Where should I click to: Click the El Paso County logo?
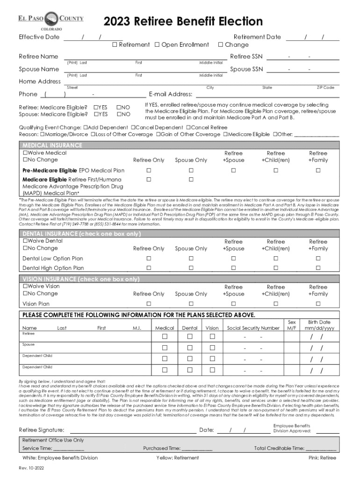[51, 22]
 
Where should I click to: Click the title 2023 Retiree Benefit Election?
[183, 22]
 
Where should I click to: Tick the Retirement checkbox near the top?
[115, 45]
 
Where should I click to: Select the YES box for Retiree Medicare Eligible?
[96, 108]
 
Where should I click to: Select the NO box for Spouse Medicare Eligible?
[119, 114]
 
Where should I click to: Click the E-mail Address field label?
[171, 94]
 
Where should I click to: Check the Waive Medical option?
[25, 153]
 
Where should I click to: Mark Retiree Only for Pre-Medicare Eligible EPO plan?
[149, 170]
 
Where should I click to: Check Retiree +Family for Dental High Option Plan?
[318, 268]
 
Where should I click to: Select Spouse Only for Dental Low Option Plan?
[191, 258]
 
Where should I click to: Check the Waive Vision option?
[25, 286]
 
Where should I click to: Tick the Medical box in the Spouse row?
[165, 348]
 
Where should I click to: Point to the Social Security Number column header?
[253, 328]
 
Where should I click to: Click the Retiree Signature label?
[42, 430]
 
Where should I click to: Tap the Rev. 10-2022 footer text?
[31, 468]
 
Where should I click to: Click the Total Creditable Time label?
[279, 448]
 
